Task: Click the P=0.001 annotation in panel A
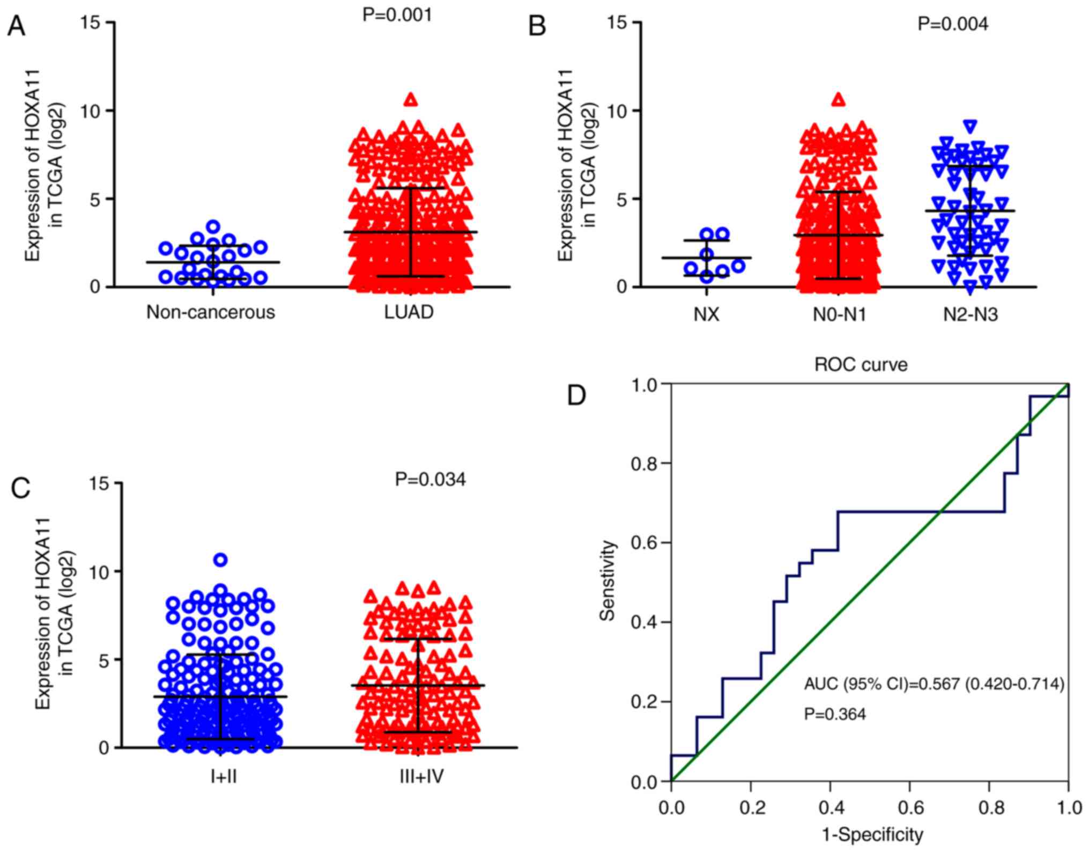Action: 397,14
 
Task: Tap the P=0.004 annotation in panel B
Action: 953,24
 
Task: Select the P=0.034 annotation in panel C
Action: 430,479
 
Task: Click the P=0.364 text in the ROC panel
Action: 835,714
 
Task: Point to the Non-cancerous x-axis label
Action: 211,312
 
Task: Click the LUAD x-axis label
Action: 409,312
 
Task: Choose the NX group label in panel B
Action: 706,314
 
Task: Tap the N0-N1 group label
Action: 839,314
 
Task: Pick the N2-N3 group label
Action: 971,314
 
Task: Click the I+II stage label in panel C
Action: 224,776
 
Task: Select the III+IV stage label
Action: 421,776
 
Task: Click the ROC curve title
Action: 861,365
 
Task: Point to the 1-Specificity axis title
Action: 872,835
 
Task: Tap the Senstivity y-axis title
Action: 607,581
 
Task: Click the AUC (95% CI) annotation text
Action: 934,684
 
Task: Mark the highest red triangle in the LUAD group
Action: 411,100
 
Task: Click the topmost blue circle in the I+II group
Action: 220,560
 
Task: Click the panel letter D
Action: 576,396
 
